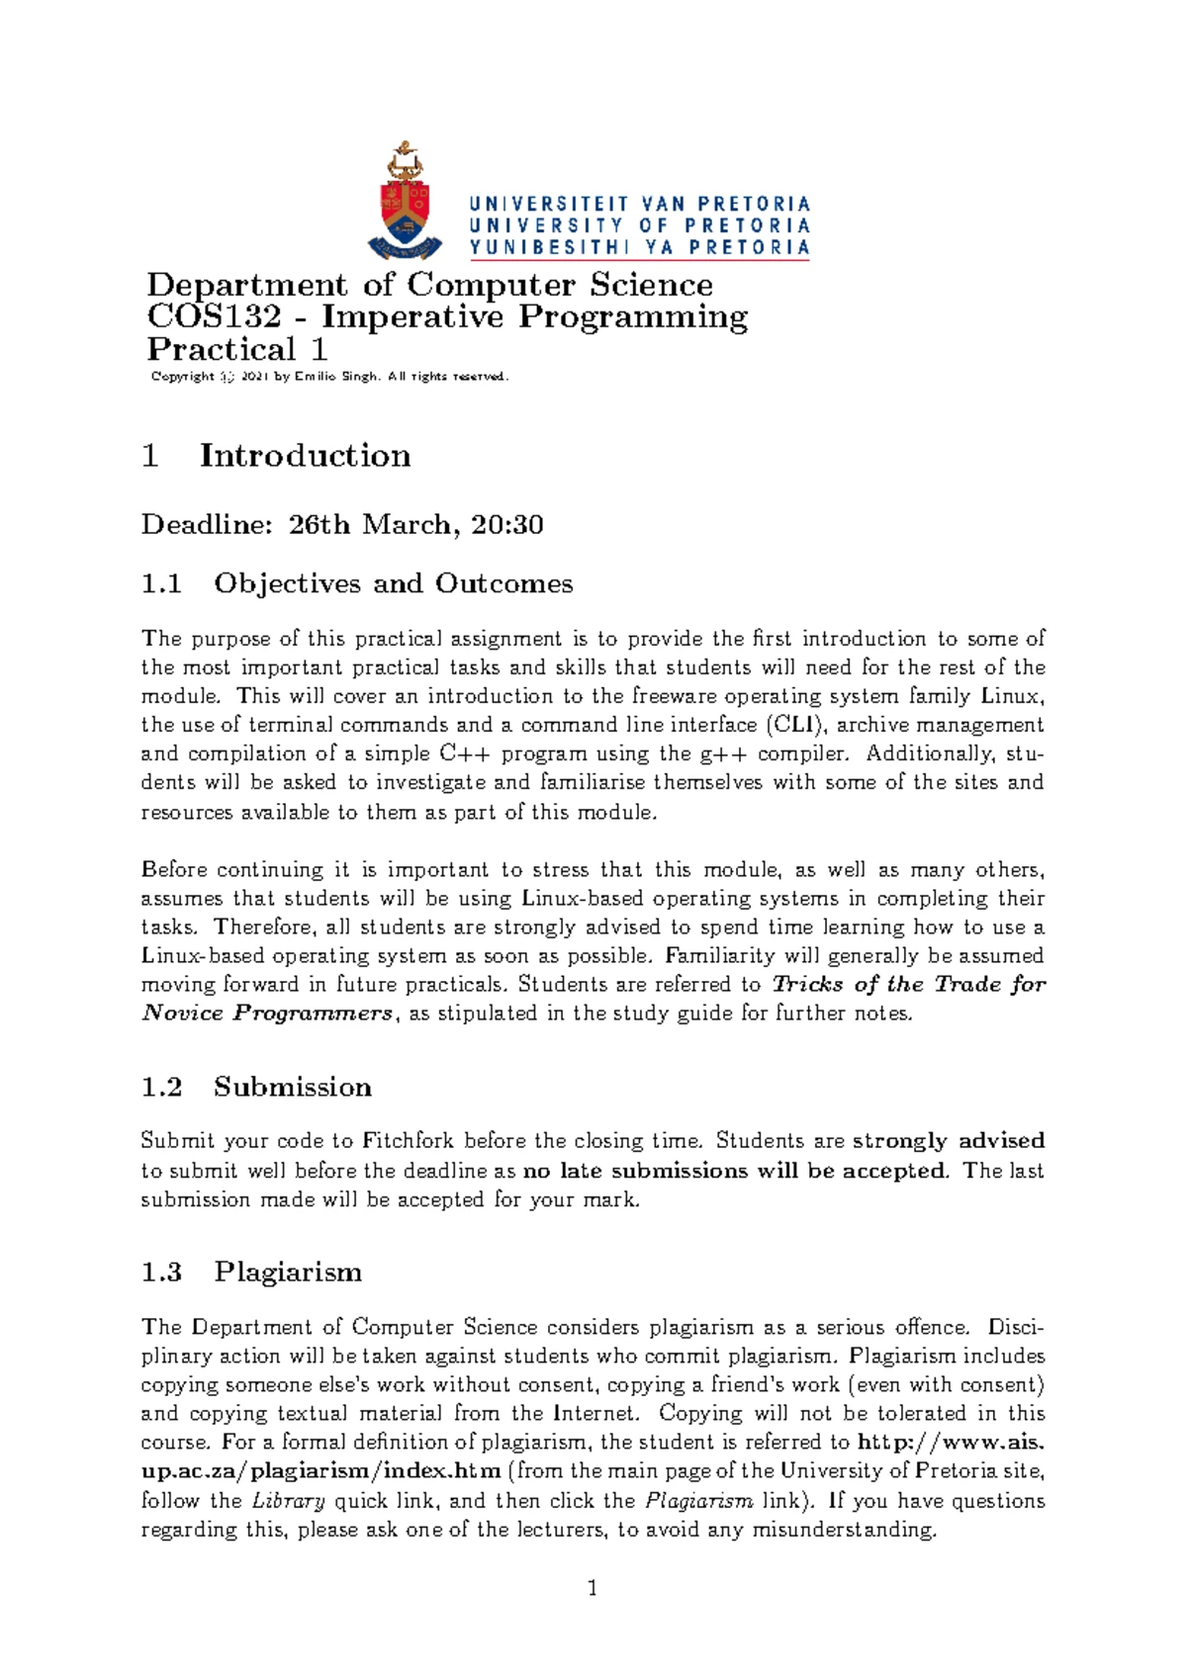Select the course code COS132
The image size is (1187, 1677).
[214, 317]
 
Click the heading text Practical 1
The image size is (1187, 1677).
[237, 350]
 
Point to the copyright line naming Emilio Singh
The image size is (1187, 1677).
[329, 377]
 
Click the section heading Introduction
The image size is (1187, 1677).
[305, 456]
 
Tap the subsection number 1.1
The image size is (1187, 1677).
[161, 583]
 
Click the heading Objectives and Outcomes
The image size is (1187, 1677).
[393, 583]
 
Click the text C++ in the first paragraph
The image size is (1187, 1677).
[462, 753]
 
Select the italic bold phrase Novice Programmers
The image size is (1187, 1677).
[267, 1014]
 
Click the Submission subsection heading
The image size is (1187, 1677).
[292, 1087]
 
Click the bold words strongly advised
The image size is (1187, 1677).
[948, 1141]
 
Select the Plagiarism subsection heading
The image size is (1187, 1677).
[288, 1272]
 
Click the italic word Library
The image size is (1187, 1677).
[288, 1501]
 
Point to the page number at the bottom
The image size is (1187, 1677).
[593, 1589]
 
